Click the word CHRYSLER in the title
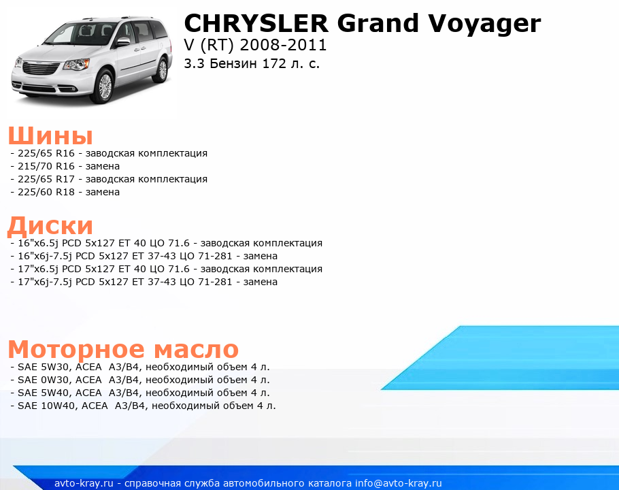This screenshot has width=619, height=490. pyautogui.click(x=256, y=23)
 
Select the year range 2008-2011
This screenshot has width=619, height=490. pyautogui.click(x=284, y=45)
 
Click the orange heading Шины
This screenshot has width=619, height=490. pyautogui.click(x=50, y=136)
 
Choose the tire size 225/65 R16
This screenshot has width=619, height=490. pyautogui.click(x=46, y=153)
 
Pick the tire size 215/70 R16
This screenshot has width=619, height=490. pyautogui.click(x=46, y=166)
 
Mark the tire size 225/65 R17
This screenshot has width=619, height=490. pyautogui.click(x=46, y=179)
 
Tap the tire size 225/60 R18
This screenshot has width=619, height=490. pyautogui.click(x=46, y=193)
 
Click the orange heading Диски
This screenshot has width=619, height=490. pyautogui.click(x=50, y=226)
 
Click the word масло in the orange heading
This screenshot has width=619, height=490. pyautogui.click(x=196, y=350)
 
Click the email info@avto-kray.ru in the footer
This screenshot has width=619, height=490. pyautogui.click(x=399, y=483)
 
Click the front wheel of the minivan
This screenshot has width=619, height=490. pyautogui.click(x=105, y=86)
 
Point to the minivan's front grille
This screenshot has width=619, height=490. pyautogui.click(x=41, y=67)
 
